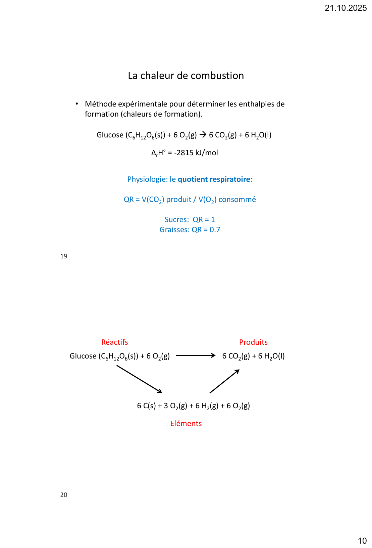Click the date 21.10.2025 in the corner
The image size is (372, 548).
click(x=346, y=8)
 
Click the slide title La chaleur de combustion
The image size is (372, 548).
click(x=186, y=76)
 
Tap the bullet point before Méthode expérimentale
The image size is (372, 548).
click(x=77, y=104)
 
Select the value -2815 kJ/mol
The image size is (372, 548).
click(x=196, y=153)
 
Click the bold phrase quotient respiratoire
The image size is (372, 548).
click(x=214, y=179)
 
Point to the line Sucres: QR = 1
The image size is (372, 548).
click(x=190, y=220)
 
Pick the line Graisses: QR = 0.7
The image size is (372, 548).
click(x=190, y=230)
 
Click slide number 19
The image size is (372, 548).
click(x=64, y=256)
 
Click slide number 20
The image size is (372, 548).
click(x=64, y=495)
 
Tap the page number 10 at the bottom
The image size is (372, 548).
click(x=362, y=541)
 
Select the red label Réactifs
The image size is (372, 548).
click(x=115, y=342)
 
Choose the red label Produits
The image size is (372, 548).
click(x=253, y=342)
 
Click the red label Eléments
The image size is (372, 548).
click(x=186, y=424)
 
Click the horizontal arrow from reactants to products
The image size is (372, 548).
click(x=196, y=355)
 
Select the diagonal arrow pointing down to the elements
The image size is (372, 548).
click(x=139, y=379)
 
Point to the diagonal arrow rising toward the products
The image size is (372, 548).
click(x=224, y=381)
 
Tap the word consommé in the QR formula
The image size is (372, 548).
click(x=237, y=200)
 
